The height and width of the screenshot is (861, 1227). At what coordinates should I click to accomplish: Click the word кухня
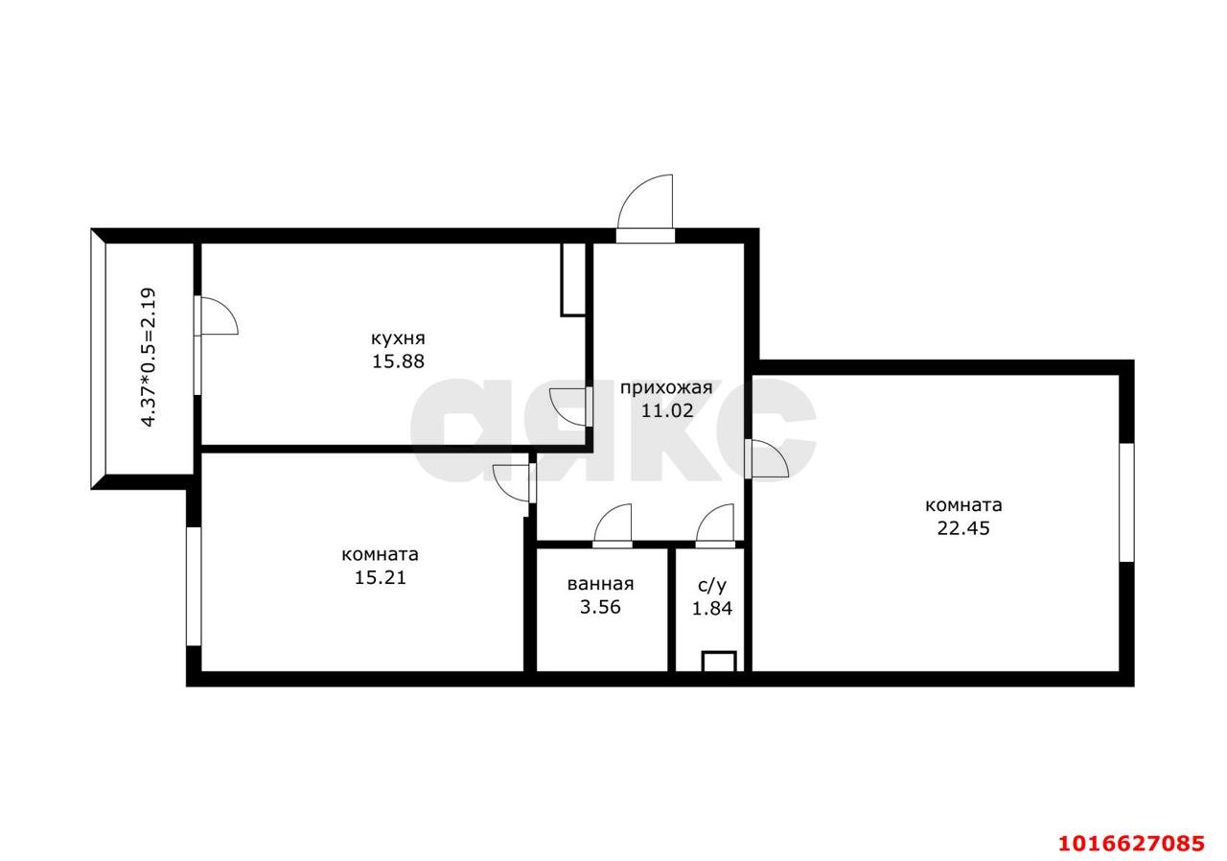[398, 338]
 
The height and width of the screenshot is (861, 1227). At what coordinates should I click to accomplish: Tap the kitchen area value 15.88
[398, 361]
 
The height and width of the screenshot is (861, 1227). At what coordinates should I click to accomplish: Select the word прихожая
[666, 388]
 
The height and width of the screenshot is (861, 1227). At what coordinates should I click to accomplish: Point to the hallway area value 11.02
[666, 410]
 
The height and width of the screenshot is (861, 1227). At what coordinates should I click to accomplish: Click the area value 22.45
[963, 528]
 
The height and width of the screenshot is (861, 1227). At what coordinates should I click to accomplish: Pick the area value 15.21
[381, 577]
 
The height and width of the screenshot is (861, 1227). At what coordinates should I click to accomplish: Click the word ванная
[600, 584]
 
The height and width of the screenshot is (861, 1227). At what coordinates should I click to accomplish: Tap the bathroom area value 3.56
[600, 607]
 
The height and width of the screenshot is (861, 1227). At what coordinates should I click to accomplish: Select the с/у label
[711, 586]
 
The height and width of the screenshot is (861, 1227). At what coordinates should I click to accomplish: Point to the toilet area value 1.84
[711, 608]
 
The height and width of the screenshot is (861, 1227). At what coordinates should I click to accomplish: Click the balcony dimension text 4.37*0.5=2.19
[149, 357]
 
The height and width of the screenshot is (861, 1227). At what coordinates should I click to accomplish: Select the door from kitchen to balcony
[214, 315]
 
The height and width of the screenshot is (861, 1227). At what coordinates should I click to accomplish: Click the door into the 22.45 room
[767, 458]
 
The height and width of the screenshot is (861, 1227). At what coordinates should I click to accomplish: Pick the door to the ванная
[613, 525]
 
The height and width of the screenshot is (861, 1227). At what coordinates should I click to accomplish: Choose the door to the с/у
[715, 525]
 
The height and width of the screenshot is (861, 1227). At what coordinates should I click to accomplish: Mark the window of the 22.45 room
[1126, 502]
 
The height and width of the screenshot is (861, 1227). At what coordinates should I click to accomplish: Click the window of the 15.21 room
[194, 586]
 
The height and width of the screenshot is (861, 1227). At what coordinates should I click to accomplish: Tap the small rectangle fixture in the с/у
[719, 662]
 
